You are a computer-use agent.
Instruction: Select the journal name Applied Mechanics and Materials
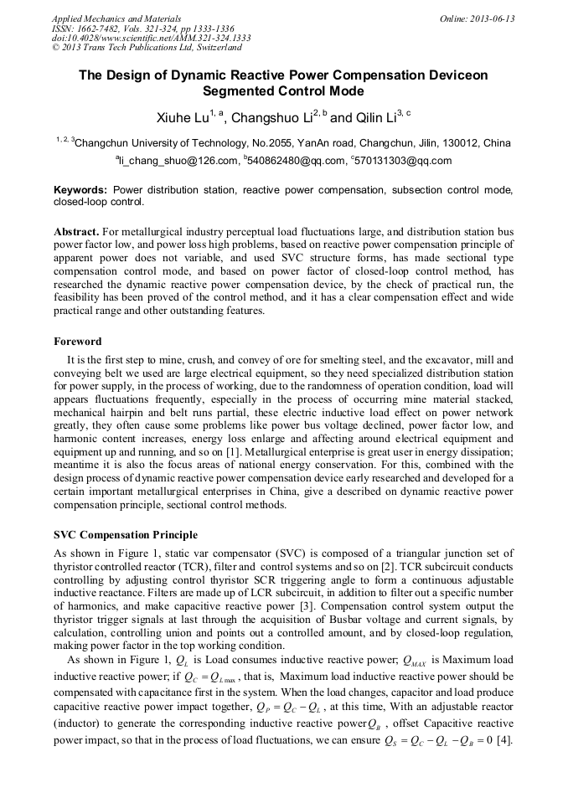click(116, 18)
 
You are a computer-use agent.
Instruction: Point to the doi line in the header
click(151, 38)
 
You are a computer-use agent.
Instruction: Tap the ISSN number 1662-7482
click(99, 28)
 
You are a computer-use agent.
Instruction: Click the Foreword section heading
click(77, 342)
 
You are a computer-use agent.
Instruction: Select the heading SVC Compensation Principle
click(126, 535)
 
